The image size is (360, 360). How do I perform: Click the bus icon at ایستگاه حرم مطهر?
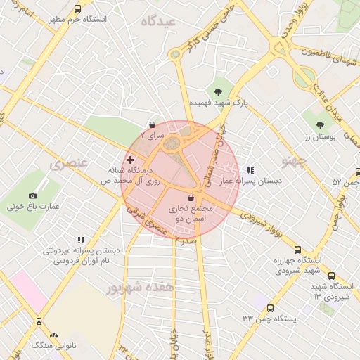pos(77,9)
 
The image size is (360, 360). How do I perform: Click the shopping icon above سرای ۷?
pos(152,124)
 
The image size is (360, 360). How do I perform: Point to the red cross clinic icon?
pos(130,161)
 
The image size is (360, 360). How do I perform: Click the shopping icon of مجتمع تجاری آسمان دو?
pos(192,199)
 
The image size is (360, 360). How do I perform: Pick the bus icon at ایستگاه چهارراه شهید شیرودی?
pos(297,250)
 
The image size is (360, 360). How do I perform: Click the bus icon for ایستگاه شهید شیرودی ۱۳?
pos(332,276)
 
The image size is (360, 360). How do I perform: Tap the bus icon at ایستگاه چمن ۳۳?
pos(271,307)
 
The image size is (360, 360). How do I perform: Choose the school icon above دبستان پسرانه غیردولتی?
pos(81,240)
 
